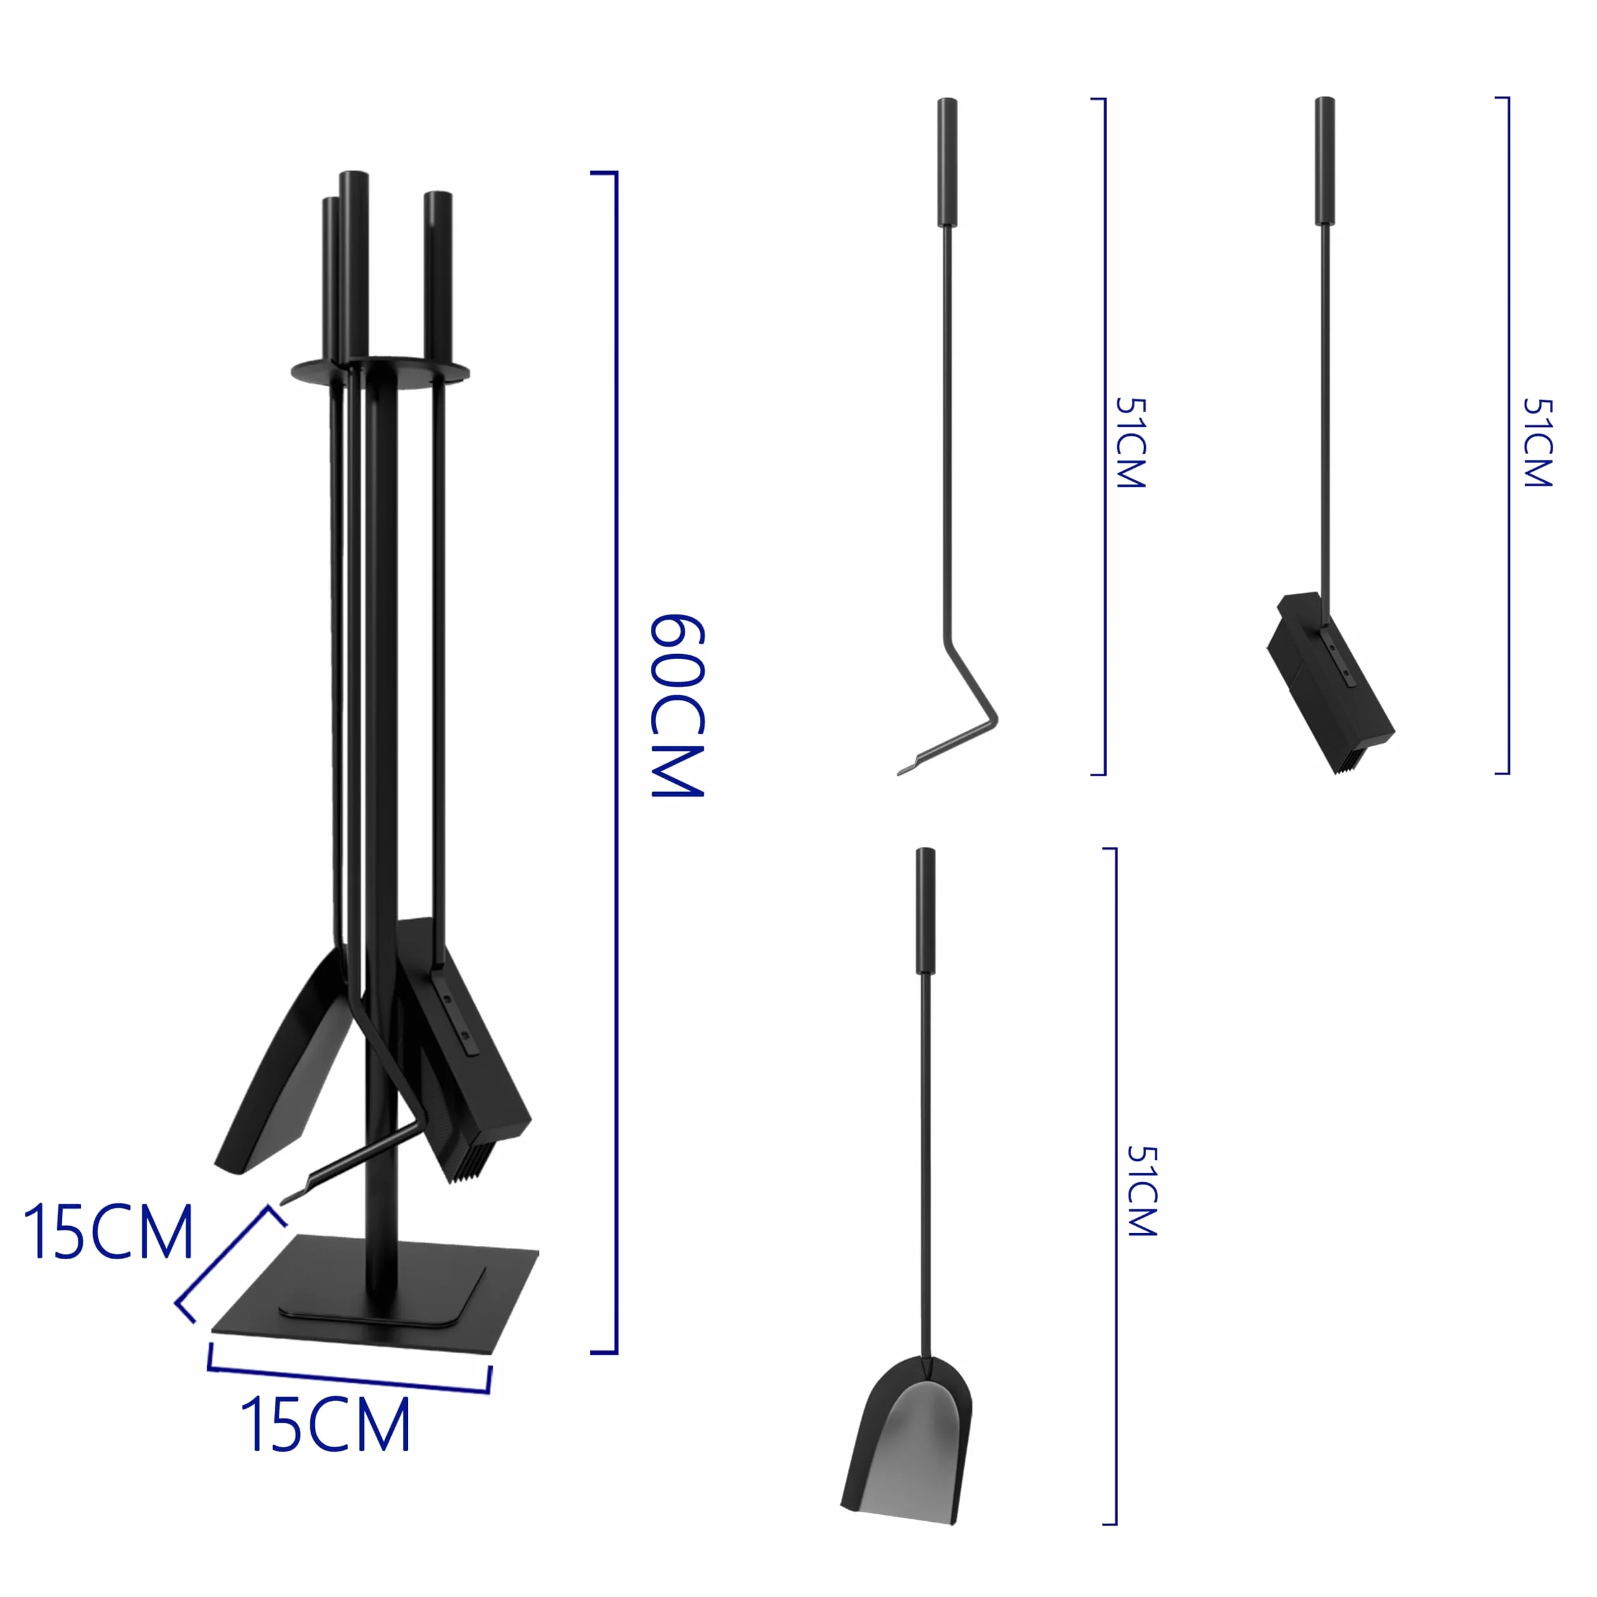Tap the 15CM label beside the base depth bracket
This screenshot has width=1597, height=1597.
[x=108, y=1232]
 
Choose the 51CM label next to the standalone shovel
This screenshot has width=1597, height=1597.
[x=1141, y=1191]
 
